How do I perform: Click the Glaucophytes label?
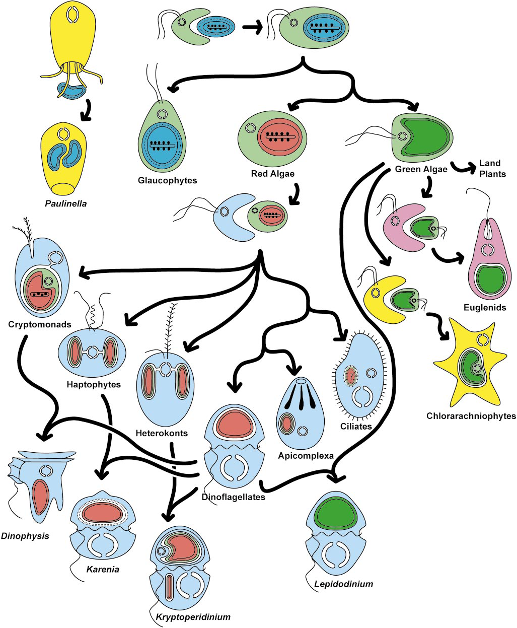pos(160,180)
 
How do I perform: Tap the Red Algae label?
pos(272,174)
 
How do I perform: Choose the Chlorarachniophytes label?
pos(471,416)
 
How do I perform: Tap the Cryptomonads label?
pos(39,324)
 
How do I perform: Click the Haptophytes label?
pos(94,385)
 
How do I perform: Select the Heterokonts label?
pos(162,433)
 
